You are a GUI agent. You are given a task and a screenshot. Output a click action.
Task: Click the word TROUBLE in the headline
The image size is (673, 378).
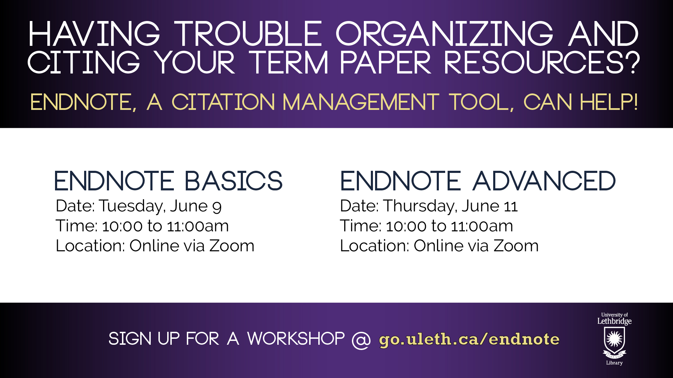(248, 34)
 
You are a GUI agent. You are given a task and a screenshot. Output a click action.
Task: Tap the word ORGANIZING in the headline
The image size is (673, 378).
(444, 34)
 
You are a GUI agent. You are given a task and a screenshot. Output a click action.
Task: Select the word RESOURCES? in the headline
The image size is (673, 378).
(542, 63)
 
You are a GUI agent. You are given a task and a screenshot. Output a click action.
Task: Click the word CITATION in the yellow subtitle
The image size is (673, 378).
(223, 102)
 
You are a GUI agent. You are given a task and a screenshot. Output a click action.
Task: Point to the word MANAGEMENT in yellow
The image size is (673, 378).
(361, 102)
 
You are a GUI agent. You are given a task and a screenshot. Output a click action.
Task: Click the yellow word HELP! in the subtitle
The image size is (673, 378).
(609, 102)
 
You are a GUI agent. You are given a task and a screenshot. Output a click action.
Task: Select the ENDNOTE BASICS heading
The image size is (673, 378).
(168, 181)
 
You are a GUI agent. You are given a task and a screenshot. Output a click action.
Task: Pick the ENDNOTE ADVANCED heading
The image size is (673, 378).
(478, 181)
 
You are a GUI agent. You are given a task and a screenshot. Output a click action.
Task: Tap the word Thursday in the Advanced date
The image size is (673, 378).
(420, 206)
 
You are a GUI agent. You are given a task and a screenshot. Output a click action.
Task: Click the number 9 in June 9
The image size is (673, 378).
(217, 207)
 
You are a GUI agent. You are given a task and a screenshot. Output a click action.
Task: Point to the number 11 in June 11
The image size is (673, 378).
(511, 206)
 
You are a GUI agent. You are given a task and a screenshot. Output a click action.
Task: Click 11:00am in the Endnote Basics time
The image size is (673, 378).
(198, 226)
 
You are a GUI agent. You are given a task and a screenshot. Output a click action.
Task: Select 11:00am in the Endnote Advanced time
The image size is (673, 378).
(482, 226)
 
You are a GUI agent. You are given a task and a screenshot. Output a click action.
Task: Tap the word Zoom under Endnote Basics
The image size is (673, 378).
(232, 246)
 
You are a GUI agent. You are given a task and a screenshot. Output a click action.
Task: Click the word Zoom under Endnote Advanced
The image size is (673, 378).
(516, 246)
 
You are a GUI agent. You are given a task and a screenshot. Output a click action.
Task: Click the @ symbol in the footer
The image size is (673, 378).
(361, 339)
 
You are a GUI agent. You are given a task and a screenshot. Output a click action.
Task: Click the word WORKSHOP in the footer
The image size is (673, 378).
(296, 339)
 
